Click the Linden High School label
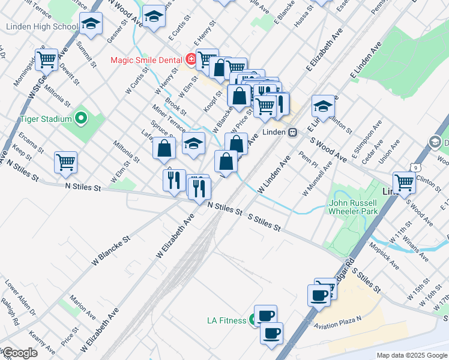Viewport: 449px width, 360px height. click(41, 27)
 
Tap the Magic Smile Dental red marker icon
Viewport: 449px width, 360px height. click(190, 59)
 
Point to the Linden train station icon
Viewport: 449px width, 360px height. click(292, 132)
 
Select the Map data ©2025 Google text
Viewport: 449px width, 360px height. click(411, 355)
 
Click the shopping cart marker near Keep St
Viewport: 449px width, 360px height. click(65, 162)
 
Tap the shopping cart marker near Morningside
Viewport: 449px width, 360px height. click(46, 59)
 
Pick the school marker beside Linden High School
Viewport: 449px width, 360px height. click(91, 24)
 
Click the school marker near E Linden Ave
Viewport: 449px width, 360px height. click(323, 106)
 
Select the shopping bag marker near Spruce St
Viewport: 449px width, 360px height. click(164, 149)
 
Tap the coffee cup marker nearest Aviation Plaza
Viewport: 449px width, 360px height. click(318, 295)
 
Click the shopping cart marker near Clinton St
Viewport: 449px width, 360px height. click(404, 182)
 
